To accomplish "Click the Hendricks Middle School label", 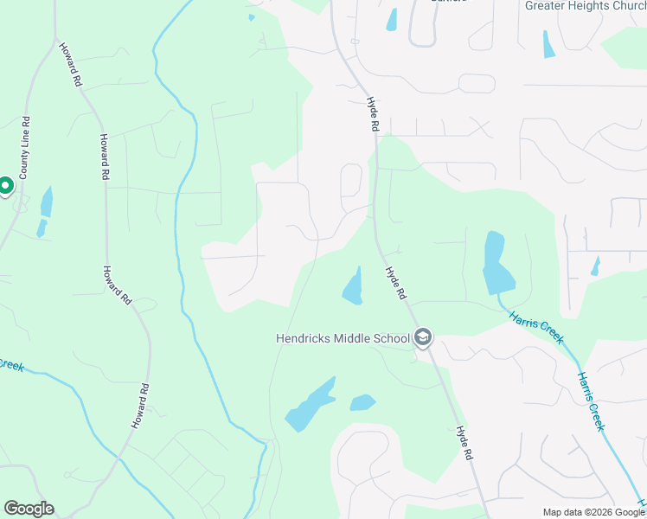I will tap(342, 338).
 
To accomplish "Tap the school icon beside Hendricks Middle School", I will tap(423, 337).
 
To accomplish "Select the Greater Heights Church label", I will tap(585, 5).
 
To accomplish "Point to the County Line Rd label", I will tap(24, 148).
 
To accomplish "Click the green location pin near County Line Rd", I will tap(4, 186).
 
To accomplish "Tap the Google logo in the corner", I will tap(29, 509).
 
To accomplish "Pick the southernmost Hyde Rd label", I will tap(465, 441).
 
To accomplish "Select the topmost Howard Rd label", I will tap(70, 64).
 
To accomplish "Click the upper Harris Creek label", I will tap(537, 324).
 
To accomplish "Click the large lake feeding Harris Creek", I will tap(495, 264).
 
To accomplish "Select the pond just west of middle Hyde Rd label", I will tap(353, 286).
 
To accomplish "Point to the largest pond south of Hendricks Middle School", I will tap(311, 405).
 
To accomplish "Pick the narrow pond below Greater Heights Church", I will tap(548, 44).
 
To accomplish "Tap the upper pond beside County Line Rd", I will tap(47, 202).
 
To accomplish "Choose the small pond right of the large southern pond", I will tap(362, 402).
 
